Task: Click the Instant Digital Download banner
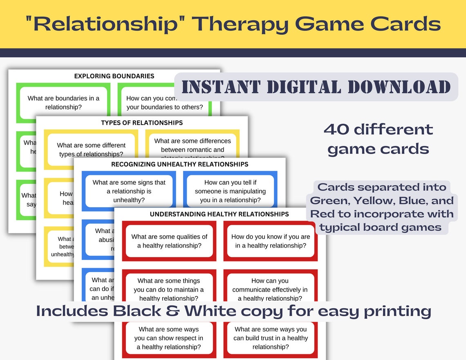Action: (316, 87)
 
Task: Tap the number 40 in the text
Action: (335, 130)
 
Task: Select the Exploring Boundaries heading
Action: (114, 76)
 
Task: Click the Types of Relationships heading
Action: (142, 123)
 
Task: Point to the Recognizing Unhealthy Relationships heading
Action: (179, 164)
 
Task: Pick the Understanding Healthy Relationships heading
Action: (219, 214)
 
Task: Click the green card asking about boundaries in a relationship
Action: (63, 103)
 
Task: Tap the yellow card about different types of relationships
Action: (91, 149)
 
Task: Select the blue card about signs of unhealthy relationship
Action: (129, 191)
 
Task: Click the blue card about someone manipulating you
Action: (230, 191)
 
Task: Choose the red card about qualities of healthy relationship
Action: (169, 241)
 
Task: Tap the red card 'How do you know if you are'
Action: (270, 241)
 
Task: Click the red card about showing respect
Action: (169, 338)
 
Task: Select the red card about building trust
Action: (270, 338)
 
